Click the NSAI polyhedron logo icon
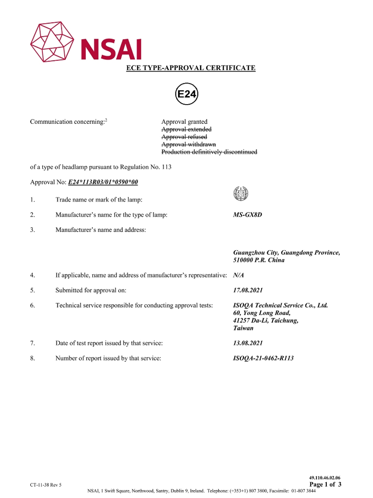click(52, 42)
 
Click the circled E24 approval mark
click(187, 94)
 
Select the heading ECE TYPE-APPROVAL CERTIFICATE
click(191, 68)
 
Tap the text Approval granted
click(184, 122)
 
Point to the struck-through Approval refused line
click(184, 137)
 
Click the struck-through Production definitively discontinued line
click(209, 152)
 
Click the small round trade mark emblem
click(240, 193)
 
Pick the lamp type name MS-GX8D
click(247, 215)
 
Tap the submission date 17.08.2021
click(248, 290)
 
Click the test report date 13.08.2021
click(248, 343)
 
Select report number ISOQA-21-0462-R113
click(263, 358)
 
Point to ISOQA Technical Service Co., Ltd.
click(280, 305)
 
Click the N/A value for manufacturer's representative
click(238, 275)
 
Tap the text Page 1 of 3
click(325, 484)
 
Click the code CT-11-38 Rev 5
click(45, 485)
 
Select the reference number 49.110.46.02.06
click(325, 477)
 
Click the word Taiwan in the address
click(243, 328)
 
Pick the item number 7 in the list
click(33, 343)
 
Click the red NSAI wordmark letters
click(111, 49)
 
